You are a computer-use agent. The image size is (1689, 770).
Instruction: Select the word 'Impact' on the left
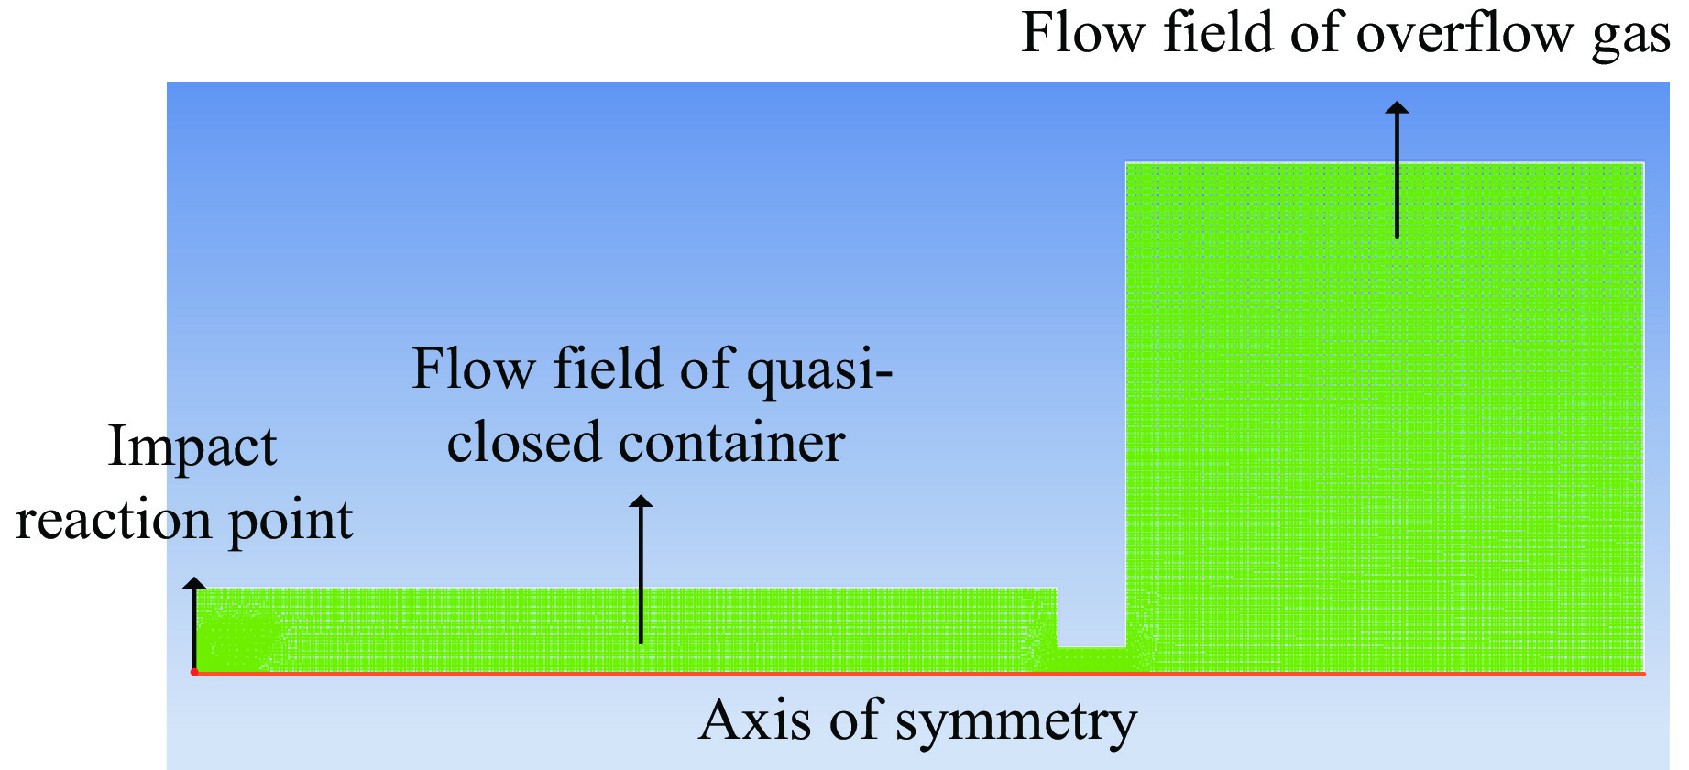192,447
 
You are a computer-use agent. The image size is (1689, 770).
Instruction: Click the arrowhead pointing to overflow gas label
1397,108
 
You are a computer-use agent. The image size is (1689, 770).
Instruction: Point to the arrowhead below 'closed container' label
641,501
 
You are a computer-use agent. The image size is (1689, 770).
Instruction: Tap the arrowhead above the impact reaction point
194,584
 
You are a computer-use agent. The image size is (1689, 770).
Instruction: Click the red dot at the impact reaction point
194,672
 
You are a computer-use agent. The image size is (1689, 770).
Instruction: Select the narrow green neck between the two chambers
1091,659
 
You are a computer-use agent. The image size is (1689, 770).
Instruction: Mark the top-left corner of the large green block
1127,164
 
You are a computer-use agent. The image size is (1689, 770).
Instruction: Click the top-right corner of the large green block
1643,164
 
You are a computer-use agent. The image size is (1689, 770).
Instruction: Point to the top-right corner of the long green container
1056,589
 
